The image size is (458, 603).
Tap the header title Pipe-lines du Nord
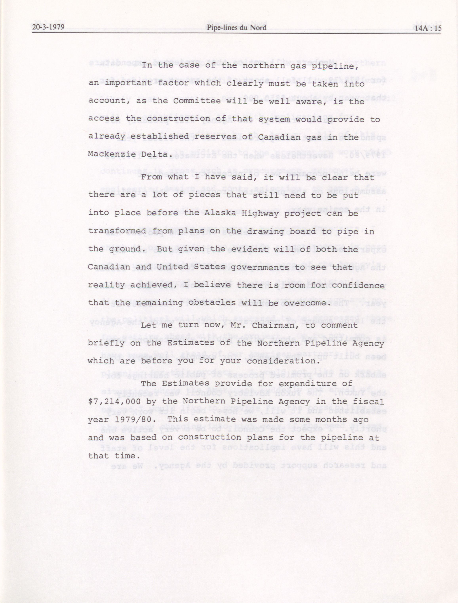tap(236, 28)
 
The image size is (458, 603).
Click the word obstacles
tap(212, 303)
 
